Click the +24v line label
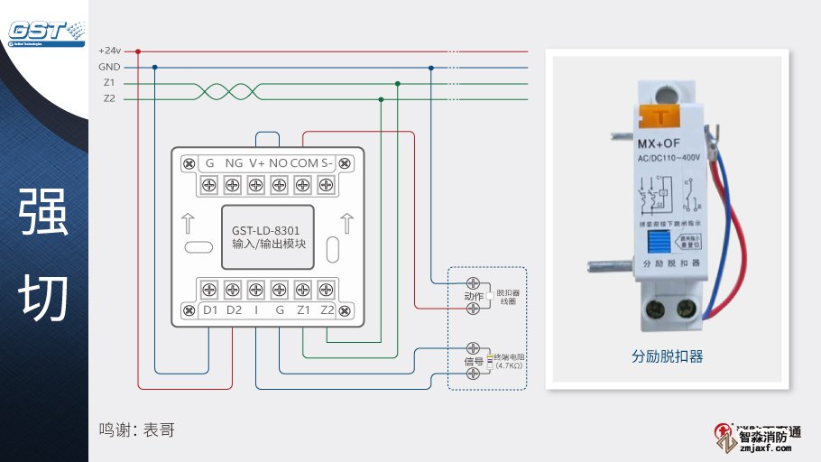point(109,51)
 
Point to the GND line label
point(109,67)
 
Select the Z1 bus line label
point(109,82)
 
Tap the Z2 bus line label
point(109,97)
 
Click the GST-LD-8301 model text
point(266,231)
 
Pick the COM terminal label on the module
point(305,163)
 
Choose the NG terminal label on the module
point(234,163)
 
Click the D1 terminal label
point(210,310)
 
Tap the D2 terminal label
point(234,310)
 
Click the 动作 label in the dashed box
point(474,297)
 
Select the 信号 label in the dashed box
point(474,362)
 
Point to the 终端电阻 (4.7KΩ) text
point(510,361)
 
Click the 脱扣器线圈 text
point(508,297)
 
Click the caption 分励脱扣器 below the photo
point(667,356)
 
